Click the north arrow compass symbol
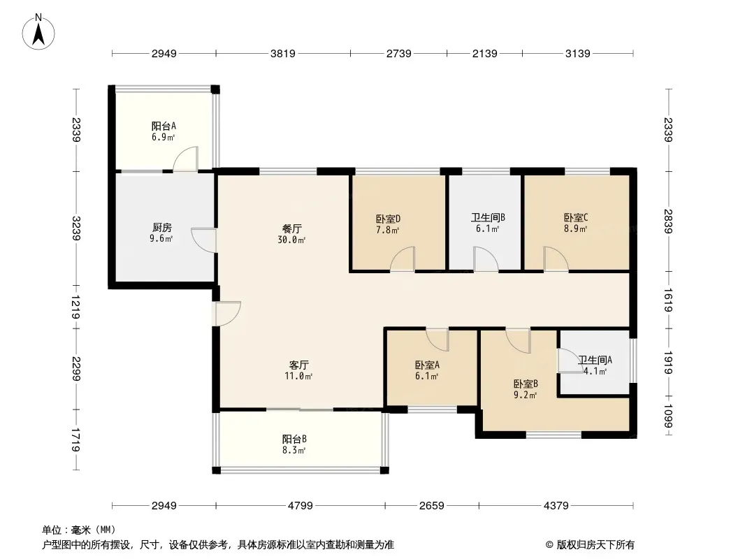(38, 31)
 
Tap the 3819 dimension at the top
(283, 53)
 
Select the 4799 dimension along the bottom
(301, 505)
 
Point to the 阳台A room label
(164, 126)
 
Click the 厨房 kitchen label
(161, 228)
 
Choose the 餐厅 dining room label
(291, 229)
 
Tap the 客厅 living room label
(299, 365)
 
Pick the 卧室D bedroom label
(388, 219)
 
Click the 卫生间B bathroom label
(488, 217)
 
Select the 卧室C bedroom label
(576, 217)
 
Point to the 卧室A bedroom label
(427, 365)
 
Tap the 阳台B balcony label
(294, 439)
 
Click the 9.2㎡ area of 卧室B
(525, 395)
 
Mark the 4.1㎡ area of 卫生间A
(595, 371)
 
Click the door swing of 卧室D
(403, 259)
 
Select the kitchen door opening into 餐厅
(204, 240)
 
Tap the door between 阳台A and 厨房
(185, 159)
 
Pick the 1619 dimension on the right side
(667, 300)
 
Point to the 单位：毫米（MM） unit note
(79, 530)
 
